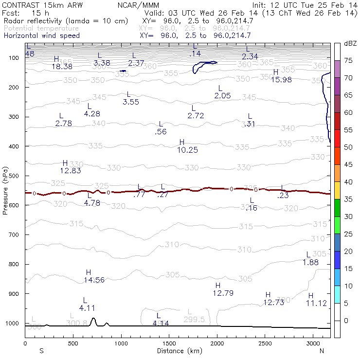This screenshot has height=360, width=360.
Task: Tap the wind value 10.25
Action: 188,150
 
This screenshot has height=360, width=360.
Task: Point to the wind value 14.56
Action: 94,280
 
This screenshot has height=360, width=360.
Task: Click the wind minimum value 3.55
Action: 131,102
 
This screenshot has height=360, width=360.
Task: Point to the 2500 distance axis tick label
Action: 265,343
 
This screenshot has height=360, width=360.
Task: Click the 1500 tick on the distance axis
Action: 169,343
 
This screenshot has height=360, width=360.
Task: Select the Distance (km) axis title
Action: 178,351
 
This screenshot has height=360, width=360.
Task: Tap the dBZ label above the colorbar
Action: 350,44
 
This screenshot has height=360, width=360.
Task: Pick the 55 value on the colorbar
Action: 348,130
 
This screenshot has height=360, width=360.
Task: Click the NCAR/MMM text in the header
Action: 138,5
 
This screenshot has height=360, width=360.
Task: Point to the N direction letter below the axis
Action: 322,351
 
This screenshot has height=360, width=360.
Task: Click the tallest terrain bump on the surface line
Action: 93,320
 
